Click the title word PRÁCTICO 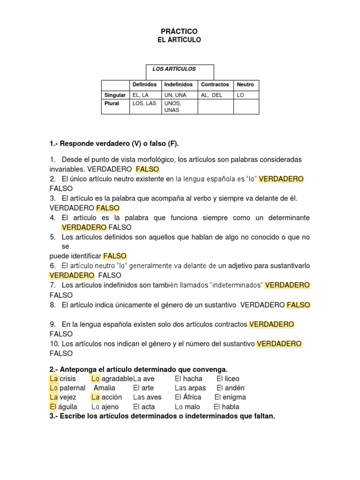click(x=179, y=31)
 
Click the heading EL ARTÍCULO click(x=179, y=40)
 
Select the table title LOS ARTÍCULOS click(x=174, y=69)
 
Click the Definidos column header click(x=144, y=85)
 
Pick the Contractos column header click(x=215, y=85)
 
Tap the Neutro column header click(x=245, y=85)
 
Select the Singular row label click(x=115, y=95)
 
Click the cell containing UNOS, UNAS click(x=172, y=106)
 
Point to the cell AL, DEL click(x=211, y=95)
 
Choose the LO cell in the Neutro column click(x=240, y=95)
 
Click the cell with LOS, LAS click(x=144, y=104)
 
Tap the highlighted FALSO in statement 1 click(x=147, y=169)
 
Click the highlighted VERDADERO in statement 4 click(x=84, y=227)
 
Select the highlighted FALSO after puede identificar click(x=115, y=256)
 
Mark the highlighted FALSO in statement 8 click(x=298, y=305)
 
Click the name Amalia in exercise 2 click(x=104, y=388)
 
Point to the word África click(x=191, y=397)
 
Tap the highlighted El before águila click(x=53, y=407)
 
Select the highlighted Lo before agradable click(x=96, y=378)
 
